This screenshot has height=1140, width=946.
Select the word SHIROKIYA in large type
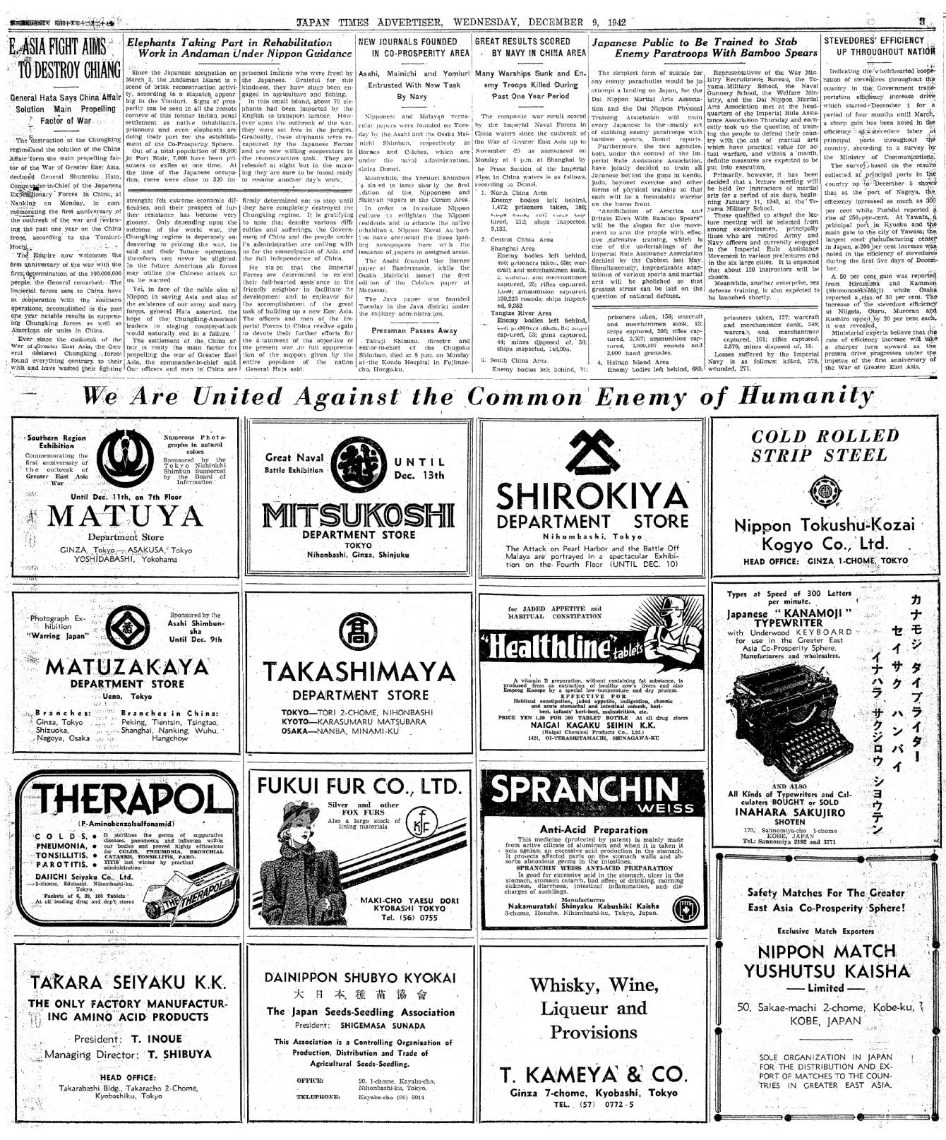pyautogui.click(x=592, y=497)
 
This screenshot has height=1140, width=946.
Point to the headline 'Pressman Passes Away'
pyautogui.click(x=414, y=330)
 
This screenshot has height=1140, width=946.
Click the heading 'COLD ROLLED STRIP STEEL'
pyautogui.click(x=825, y=445)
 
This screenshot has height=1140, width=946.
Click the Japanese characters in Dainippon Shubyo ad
pyautogui.click(x=360, y=995)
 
